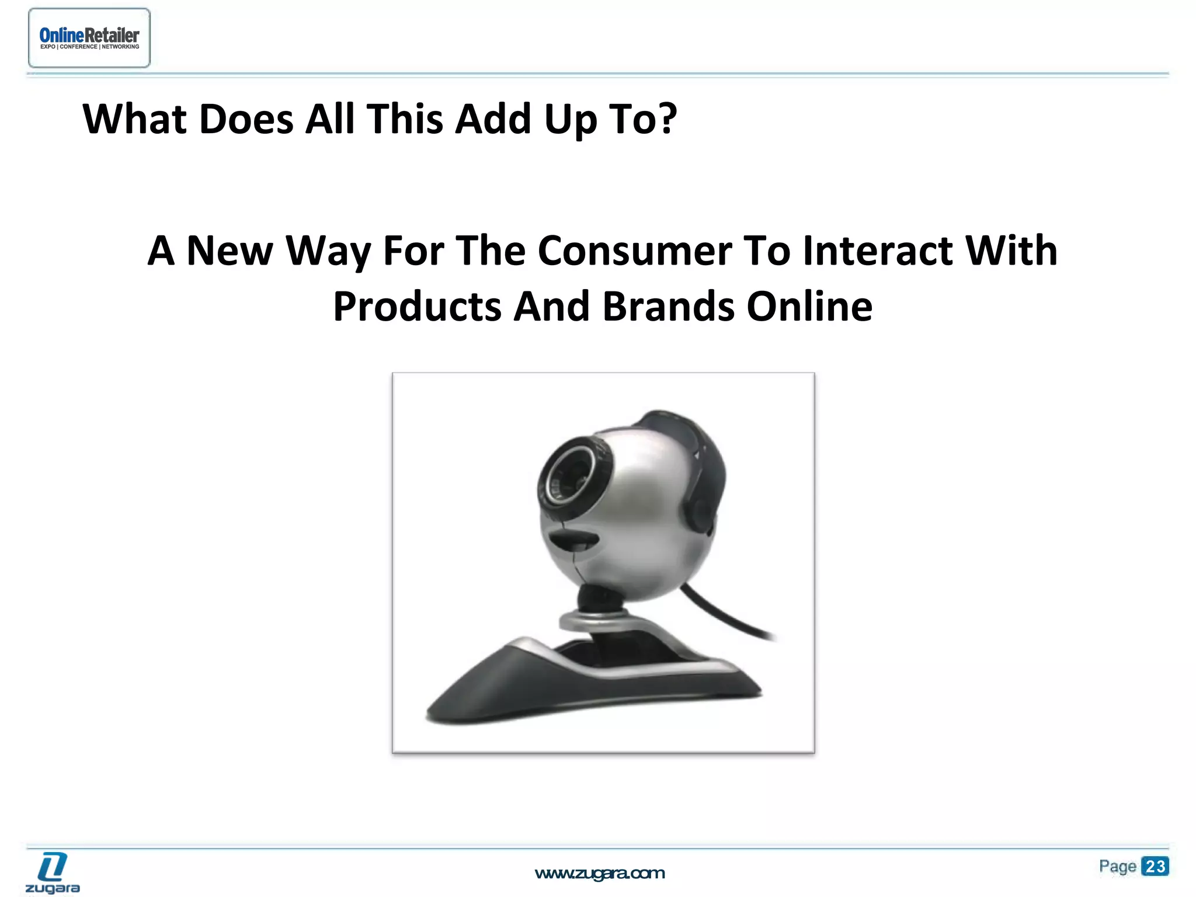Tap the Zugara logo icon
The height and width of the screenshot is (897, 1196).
click(x=53, y=867)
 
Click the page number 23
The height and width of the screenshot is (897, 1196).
click(x=1155, y=866)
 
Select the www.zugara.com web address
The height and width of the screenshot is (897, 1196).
click(x=600, y=874)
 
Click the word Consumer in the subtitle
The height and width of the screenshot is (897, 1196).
click(x=634, y=251)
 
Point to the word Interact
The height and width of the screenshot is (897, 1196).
click(x=877, y=251)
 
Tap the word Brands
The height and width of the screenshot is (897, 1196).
click(x=668, y=307)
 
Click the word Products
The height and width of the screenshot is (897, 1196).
click(x=417, y=307)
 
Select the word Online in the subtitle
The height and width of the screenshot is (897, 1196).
click(x=809, y=307)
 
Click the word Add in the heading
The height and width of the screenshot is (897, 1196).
click(x=492, y=120)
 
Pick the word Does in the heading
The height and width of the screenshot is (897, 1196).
click(x=246, y=120)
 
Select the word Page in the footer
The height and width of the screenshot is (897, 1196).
click(x=1117, y=866)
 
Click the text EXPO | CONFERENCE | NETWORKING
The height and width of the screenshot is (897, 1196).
click(x=89, y=47)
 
